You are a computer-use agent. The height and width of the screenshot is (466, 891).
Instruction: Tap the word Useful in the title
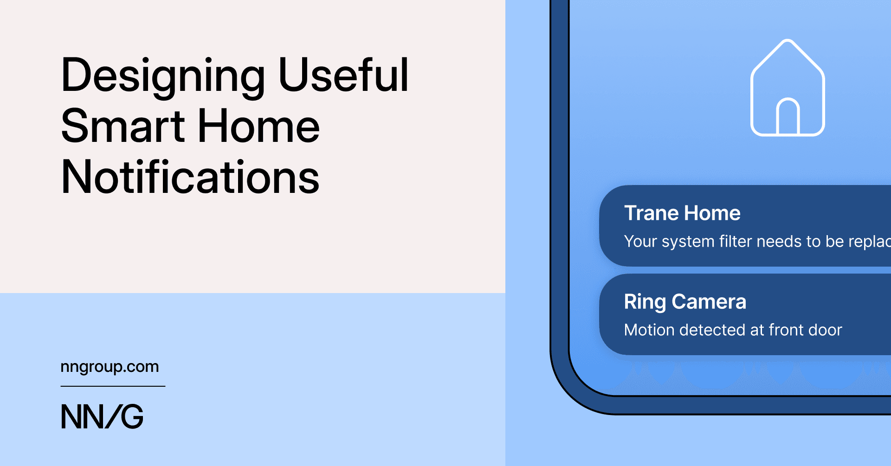click(343, 75)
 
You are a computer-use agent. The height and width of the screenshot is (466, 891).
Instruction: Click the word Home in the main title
click(258, 126)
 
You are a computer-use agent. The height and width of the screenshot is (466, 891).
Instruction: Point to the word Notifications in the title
click(190, 177)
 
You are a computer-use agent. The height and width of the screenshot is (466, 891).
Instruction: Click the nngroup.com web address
click(110, 367)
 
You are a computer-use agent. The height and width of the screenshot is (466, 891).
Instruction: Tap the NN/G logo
click(102, 416)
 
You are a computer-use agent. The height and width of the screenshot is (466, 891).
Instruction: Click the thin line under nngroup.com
click(113, 386)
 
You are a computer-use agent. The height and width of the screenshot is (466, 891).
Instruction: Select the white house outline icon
click(788, 88)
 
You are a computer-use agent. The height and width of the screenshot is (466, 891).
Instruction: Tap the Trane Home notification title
click(682, 213)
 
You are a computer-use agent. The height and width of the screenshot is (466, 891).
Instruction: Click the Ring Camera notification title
click(685, 302)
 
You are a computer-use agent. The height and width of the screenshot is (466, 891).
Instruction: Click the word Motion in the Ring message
click(649, 330)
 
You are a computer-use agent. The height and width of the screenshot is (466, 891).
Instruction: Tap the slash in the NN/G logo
click(113, 416)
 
